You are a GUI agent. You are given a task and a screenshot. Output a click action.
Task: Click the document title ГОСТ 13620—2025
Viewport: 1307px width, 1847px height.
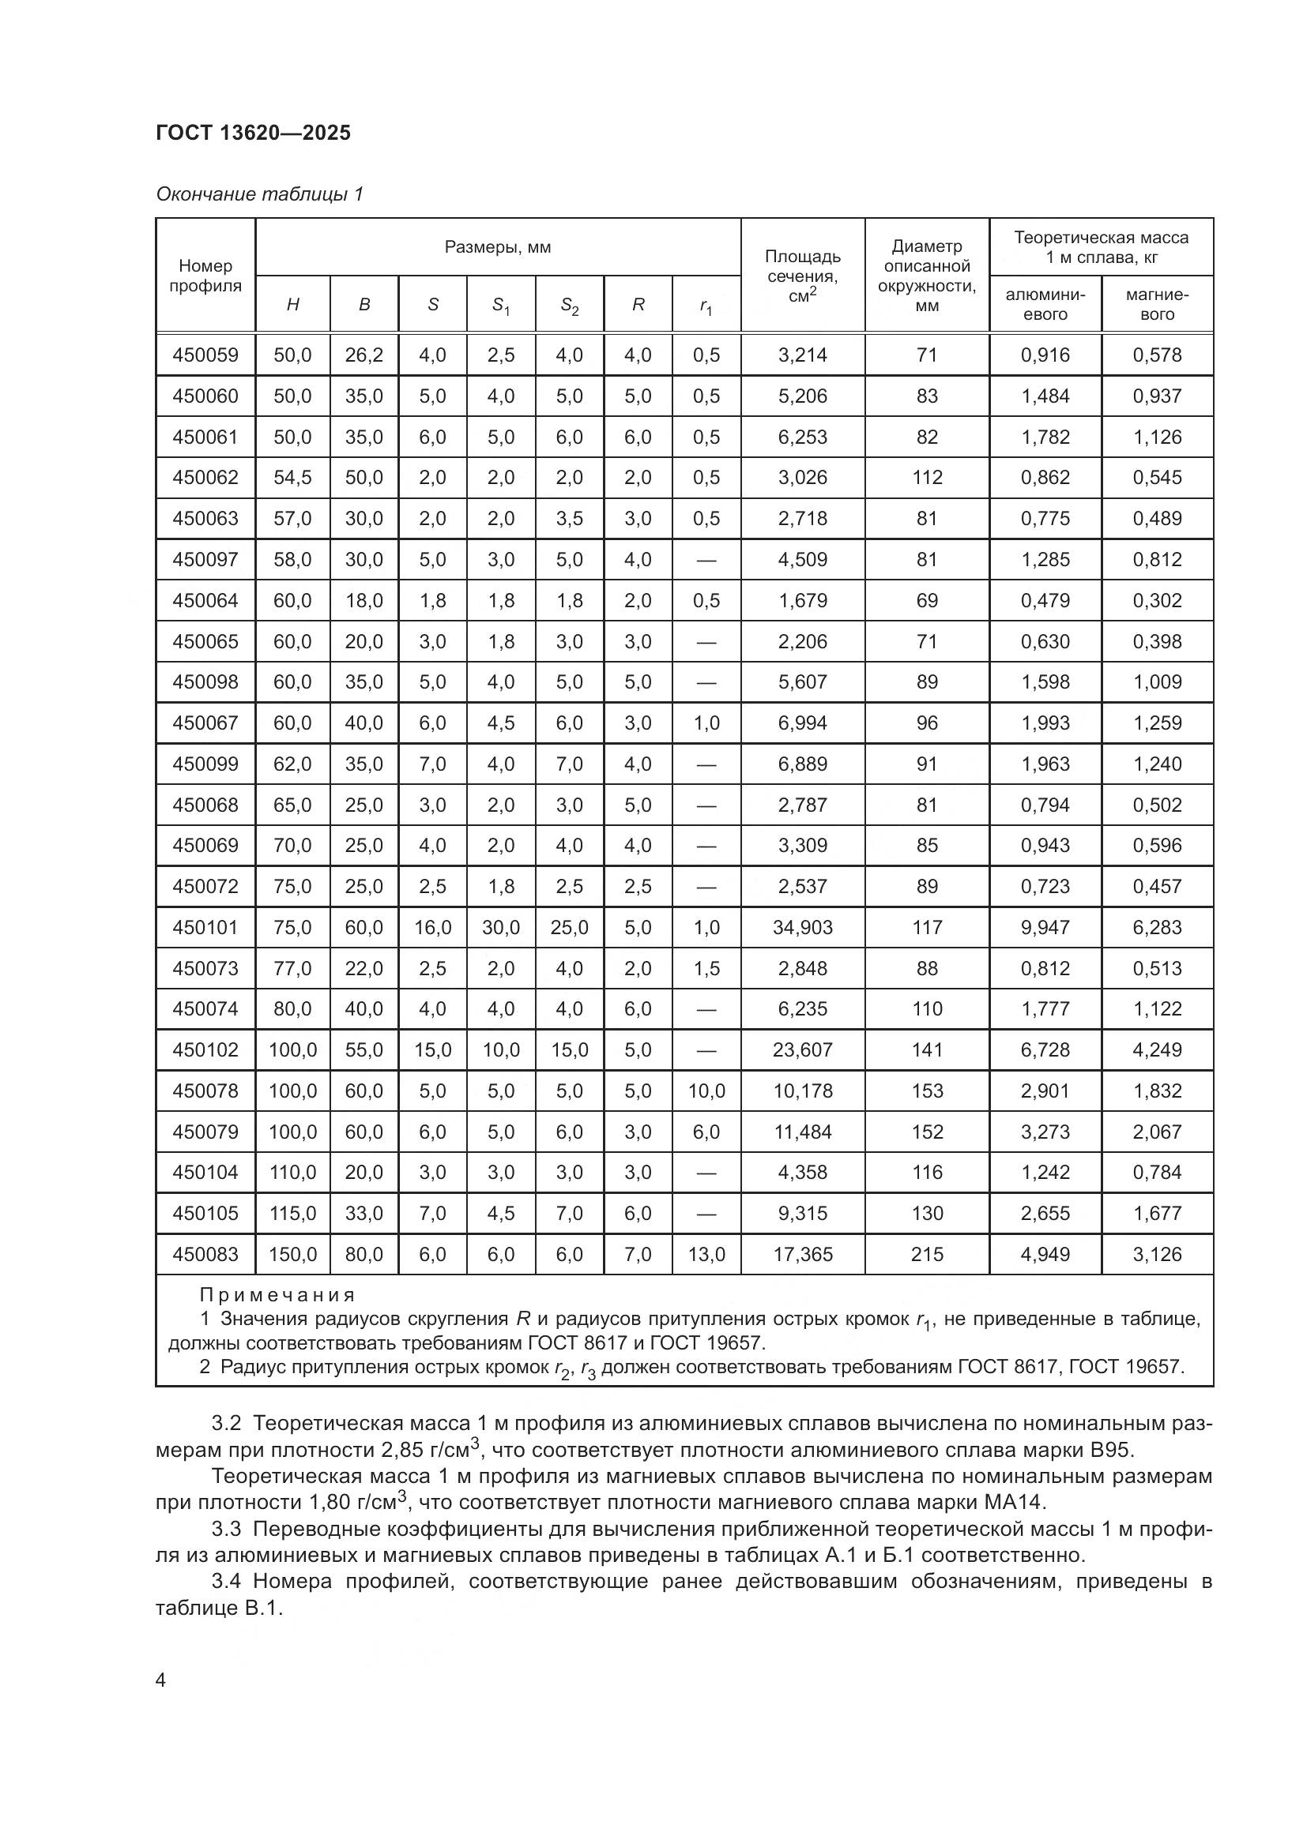(x=254, y=133)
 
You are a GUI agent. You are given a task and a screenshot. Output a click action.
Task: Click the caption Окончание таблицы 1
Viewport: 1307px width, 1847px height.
(x=260, y=194)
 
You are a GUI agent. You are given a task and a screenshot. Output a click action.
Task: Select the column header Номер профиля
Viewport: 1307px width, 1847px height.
(x=205, y=276)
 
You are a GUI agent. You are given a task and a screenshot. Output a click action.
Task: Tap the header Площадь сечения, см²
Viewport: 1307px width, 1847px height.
(x=802, y=276)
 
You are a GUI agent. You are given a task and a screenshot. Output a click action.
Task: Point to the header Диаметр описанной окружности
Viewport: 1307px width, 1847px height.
(x=926, y=276)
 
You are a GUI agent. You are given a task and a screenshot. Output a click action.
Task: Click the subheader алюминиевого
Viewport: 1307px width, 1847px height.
(x=1045, y=304)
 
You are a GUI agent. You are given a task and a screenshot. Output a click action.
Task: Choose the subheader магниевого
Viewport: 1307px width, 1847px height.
(x=1157, y=304)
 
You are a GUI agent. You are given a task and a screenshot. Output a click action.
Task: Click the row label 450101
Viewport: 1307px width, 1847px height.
(x=205, y=928)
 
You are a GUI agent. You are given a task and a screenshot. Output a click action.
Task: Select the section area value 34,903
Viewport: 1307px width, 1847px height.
(x=802, y=928)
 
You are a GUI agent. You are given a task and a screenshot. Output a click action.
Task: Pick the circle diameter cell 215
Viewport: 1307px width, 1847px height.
(x=926, y=1254)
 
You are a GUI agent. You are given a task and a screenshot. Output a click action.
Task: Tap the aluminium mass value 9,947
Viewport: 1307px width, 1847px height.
(x=1045, y=928)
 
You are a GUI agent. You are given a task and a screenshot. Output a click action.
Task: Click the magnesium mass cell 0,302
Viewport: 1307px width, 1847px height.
(x=1157, y=601)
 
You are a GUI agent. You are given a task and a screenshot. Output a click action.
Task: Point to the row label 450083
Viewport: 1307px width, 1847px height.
(x=205, y=1254)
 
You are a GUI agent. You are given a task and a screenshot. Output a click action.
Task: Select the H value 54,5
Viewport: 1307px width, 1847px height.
(x=292, y=478)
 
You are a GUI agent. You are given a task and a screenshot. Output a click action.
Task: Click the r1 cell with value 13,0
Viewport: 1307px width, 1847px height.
(x=706, y=1254)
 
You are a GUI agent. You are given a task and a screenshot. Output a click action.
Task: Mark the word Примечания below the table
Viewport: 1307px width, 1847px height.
(x=277, y=1295)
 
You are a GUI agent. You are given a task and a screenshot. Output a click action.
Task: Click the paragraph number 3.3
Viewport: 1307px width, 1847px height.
(x=226, y=1529)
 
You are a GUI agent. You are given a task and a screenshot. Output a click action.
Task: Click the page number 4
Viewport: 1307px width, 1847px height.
(x=161, y=1680)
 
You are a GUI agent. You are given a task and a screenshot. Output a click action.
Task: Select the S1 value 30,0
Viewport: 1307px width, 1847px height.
(x=500, y=928)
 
